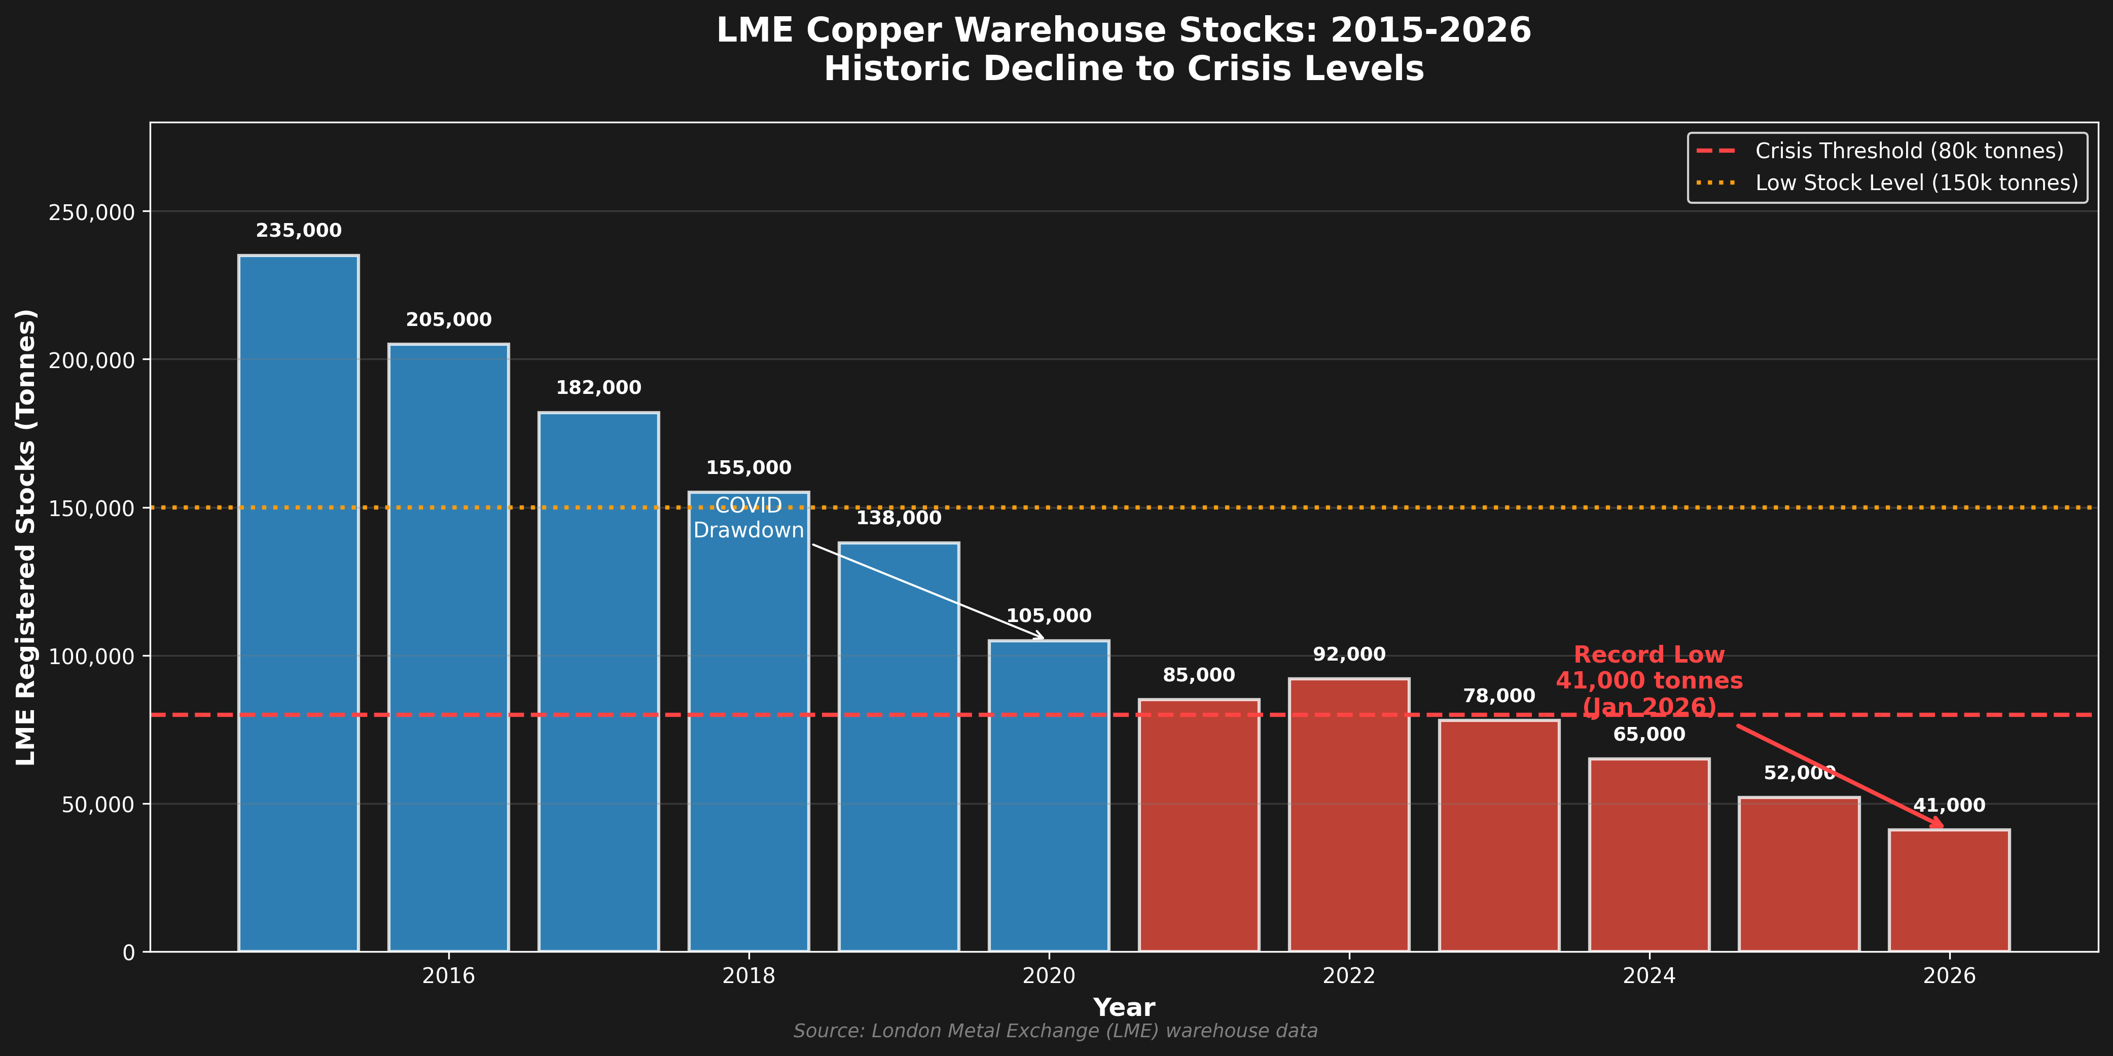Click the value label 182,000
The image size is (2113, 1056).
599,388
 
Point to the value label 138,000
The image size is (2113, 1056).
899,518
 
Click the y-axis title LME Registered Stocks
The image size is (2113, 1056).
26,537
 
